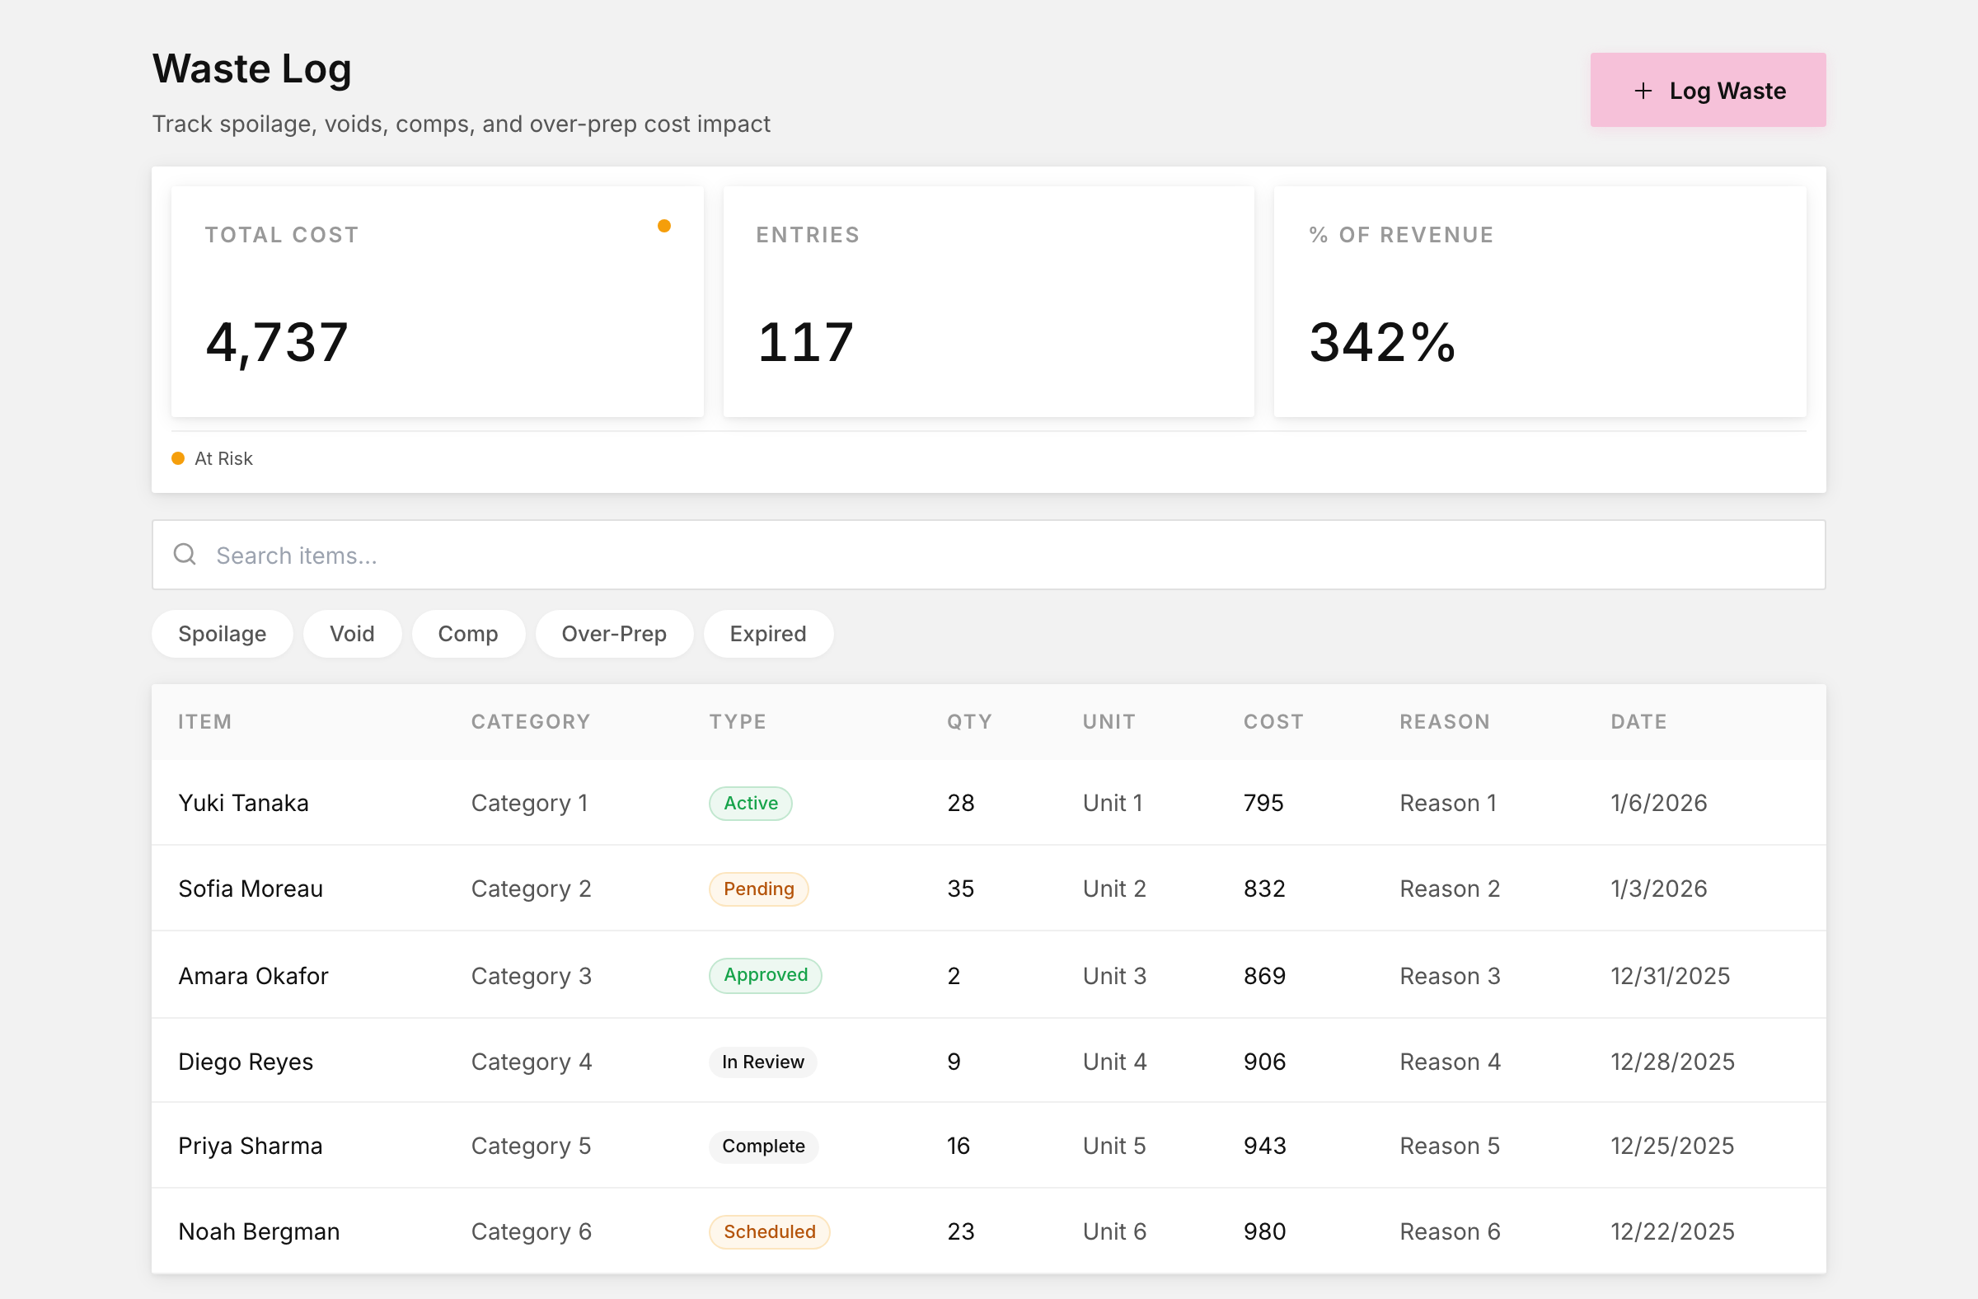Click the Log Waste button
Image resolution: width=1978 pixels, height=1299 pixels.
pyautogui.click(x=1708, y=90)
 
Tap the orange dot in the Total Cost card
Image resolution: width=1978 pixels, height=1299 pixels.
pyautogui.click(x=664, y=226)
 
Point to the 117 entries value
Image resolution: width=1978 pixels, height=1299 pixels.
pyautogui.click(x=805, y=342)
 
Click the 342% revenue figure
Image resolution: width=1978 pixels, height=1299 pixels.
pyautogui.click(x=1382, y=342)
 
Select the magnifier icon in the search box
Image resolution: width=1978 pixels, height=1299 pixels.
pyautogui.click(x=185, y=555)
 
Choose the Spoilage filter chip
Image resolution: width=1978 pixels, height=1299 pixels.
pyautogui.click(x=222, y=634)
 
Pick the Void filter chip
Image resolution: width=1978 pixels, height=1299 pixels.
pyautogui.click(x=353, y=634)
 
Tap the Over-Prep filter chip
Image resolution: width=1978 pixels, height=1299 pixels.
pyautogui.click(x=614, y=634)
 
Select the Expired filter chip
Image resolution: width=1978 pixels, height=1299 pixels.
pyautogui.click(x=768, y=634)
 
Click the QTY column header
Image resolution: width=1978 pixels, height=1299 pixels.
pyautogui.click(x=970, y=721)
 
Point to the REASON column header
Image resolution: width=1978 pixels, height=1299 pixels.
pyautogui.click(x=1445, y=721)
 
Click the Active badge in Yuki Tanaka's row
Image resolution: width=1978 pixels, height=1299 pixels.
pyautogui.click(x=751, y=803)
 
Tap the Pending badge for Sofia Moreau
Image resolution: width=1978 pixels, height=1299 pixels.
pyautogui.click(x=759, y=889)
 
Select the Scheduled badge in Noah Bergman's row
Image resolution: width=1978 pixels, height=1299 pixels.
pyautogui.click(x=770, y=1231)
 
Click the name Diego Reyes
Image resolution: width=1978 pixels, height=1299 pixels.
pyautogui.click(x=246, y=1062)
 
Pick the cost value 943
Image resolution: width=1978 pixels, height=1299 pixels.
pyautogui.click(x=1265, y=1146)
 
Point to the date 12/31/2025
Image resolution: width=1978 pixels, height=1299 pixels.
pyautogui.click(x=1671, y=976)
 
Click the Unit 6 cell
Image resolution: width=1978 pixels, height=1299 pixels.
pyautogui.click(x=1114, y=1231)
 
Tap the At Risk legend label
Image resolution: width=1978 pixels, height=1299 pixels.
pyautogui.click(x=223, y=459)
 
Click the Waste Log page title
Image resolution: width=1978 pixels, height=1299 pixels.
pyautogui.click(x=252, y=69)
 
